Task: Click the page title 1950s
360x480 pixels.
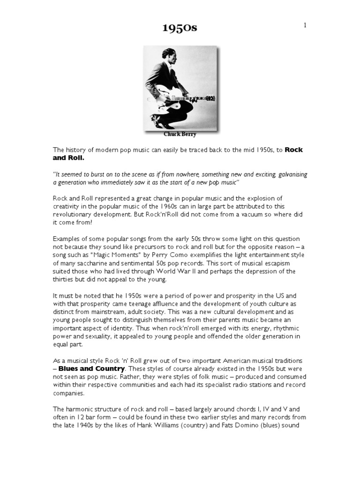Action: pyautogui.click(x=180, y=28)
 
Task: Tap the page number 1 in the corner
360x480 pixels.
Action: pyautogui.click(x=305, y=25)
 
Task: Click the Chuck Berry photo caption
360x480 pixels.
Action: pyautogui.click(x=180, y=134)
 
